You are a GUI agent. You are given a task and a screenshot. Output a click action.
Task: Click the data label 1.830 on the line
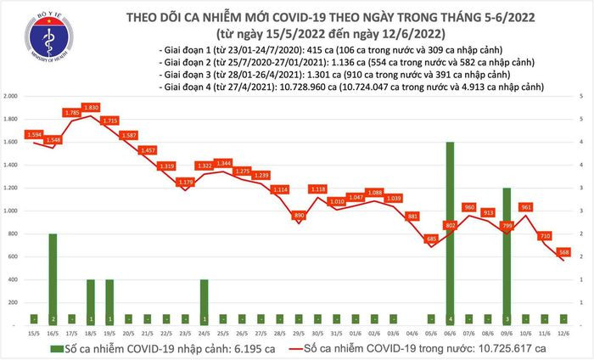click(92, 106)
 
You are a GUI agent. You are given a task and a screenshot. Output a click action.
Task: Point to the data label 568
click(564, 251)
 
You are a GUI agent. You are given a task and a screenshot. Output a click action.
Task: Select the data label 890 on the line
click(299, 216)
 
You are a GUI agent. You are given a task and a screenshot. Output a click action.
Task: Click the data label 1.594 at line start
click(34, 135)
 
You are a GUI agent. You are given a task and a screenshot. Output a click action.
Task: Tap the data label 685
click(431, 239)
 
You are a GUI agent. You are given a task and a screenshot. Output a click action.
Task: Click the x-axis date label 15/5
click(34, 334)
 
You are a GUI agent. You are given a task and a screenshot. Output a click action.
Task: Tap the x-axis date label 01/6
click(356, 334)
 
